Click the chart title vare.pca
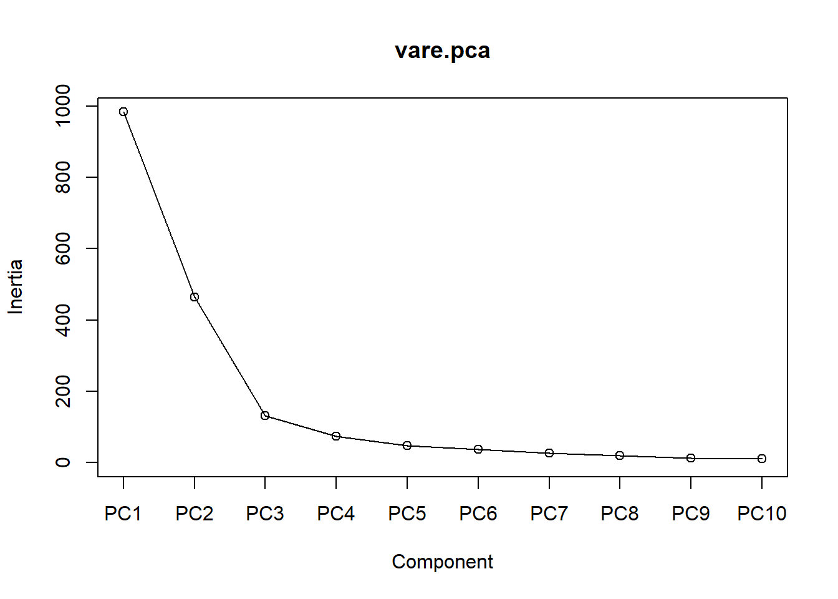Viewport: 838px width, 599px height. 442,51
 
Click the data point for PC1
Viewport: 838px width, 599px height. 123,112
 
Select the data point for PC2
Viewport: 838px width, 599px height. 195,297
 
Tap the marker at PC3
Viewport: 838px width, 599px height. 265,416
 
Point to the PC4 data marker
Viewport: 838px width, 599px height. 336,436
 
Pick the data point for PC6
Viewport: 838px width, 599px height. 478,449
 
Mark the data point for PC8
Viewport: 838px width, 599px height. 620,455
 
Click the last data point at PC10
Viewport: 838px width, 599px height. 762,459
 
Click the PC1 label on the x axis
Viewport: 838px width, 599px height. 123,514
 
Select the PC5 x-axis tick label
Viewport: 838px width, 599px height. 407,514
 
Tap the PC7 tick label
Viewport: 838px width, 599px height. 549,514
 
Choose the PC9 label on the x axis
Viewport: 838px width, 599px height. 691,514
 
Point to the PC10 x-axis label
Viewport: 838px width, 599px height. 762,514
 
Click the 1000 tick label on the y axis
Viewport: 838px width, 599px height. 63,106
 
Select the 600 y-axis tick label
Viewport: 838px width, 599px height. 63,248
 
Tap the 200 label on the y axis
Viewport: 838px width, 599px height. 63,391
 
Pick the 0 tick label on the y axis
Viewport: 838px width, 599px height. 63,462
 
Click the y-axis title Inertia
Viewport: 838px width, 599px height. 16,287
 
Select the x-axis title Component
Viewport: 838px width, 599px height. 442,562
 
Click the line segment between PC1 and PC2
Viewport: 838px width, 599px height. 159,205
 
